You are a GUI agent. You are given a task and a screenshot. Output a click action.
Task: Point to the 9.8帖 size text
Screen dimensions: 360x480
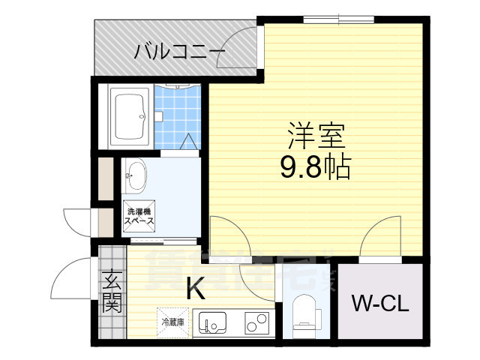(316, 167)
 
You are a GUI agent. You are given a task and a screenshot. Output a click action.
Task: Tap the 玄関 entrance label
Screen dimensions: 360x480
(112, 293)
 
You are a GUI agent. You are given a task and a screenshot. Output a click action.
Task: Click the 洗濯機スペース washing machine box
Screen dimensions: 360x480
(139, 217)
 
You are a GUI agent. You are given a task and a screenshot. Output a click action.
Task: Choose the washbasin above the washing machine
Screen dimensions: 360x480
(136, 177)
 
